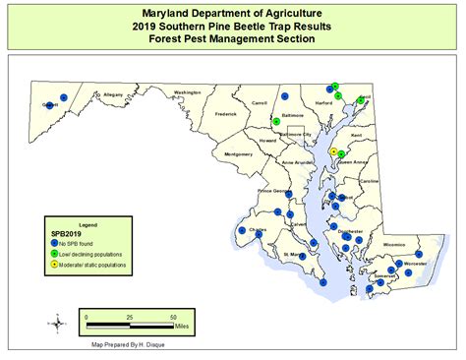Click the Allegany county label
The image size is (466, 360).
click(x=113, y=94)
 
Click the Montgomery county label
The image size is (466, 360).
click(x=239, y=154)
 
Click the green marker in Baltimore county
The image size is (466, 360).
click(x=276, y=121)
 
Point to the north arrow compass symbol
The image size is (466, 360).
click(x=59, y=320)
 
